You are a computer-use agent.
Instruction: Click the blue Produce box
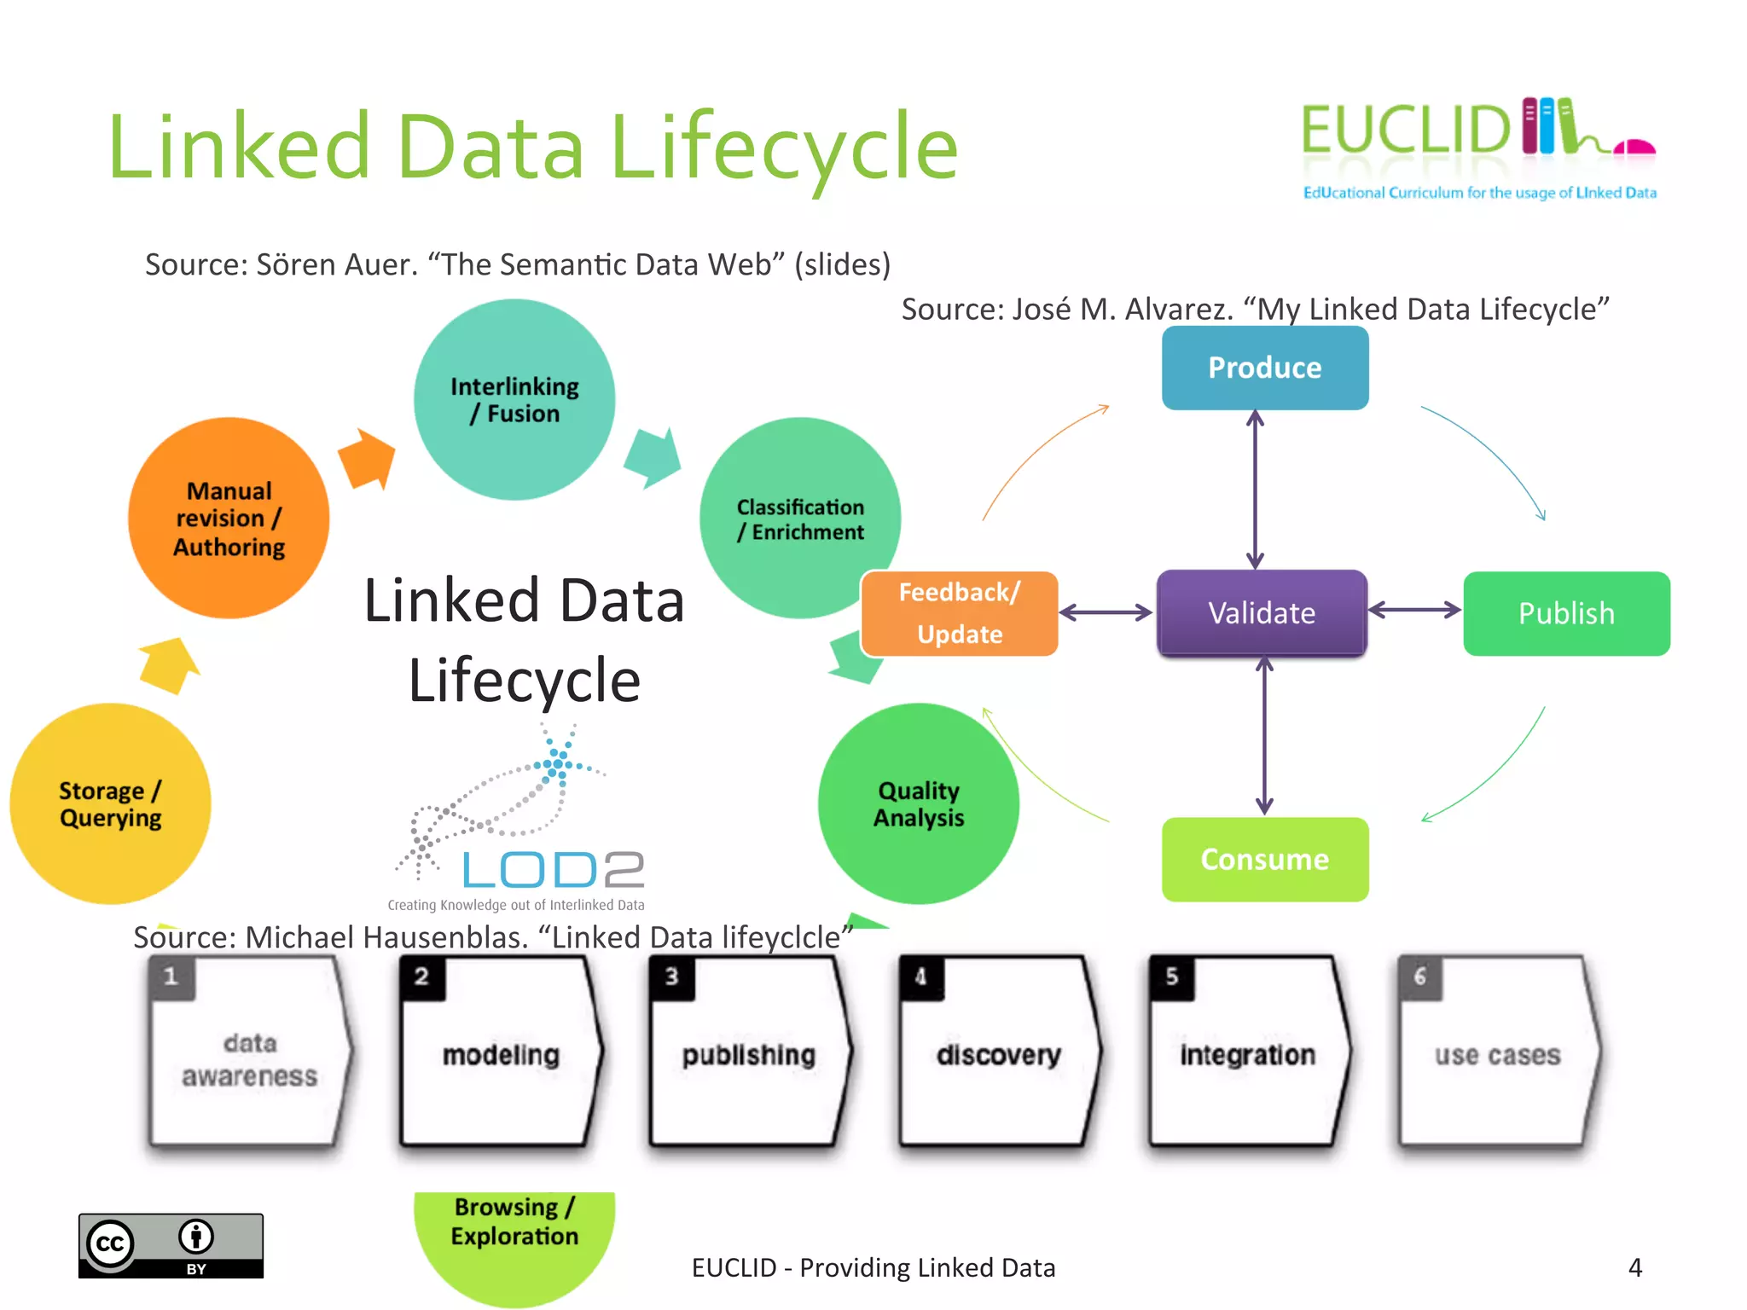pos(1264,368)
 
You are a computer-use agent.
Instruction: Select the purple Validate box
pos(1262,613)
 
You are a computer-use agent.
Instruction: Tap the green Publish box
pos(1566,613)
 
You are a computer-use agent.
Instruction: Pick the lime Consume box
pos(1264,859)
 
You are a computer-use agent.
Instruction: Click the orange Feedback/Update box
pos(960,613)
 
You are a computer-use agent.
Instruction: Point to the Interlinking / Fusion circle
pos(514,399)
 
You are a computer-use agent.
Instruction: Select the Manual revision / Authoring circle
pos(229,518)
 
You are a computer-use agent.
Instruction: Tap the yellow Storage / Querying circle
pos(110,803)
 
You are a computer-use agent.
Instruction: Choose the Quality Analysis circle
pos(918,803)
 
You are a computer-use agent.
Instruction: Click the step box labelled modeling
pos(501,1054)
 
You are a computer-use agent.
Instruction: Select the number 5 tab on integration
pos(1171,977)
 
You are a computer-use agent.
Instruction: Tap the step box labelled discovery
pos(998,1054)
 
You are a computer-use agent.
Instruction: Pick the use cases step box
pos(1497,1054)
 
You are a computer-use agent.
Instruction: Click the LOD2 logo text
pos(553,870)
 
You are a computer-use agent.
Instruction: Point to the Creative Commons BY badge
pos(171,1245)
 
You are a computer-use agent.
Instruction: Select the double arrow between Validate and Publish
pos(1414,610)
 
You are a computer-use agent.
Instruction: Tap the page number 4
pos(1634,1267)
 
